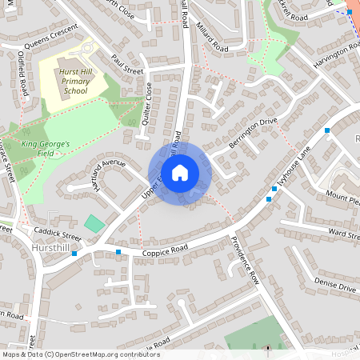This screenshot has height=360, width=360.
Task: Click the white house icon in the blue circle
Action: pyautogui.click(x=180, y=173)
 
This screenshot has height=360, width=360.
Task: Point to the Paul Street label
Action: pyautogui.click(x=126, y=65)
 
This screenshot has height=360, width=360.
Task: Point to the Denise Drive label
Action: pyautogui.click(x=334, y=284)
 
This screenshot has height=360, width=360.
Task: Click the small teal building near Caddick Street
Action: pyautogui.click(x=94, y=223)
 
